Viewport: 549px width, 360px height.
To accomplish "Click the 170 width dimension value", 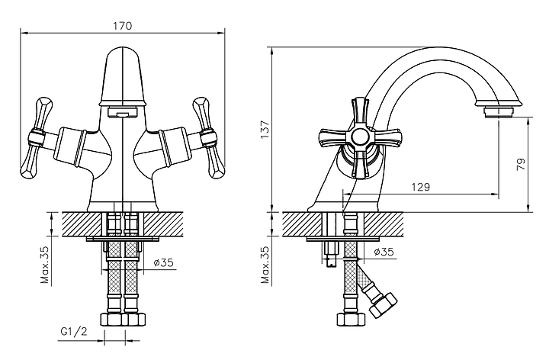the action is pyautogui.click(x=123, y=26).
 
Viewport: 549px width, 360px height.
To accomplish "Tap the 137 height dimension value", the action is pyautogui.click(x=265, y=129).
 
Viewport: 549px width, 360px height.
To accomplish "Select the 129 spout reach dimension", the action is pyautogui.click(x=420, y=187).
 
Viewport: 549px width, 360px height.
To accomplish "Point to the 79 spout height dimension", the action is pyautogui.click(x=521, y=165).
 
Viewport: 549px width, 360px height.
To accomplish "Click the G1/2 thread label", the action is pyautogui.click(x=74, y=331).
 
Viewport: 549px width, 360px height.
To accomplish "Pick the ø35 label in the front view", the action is pyautogui.click(x=163, y=262).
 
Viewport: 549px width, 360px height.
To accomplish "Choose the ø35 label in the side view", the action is pyautogui.click(x=384, y=252).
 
